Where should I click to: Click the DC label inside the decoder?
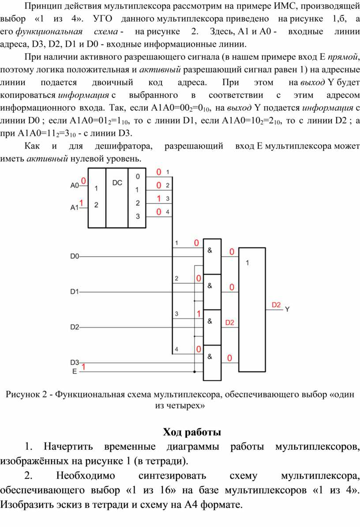(x=117, y=183)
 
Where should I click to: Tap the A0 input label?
(x=74, y=185)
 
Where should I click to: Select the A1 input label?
(x=74, y=208)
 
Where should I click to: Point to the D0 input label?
(x=75, y=256)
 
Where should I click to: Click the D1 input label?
(x=75, y=292)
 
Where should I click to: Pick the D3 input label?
(x=75, y=363)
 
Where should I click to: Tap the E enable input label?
(x=75, y=371)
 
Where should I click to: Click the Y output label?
(x=287, y=310)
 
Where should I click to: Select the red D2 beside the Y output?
(x=276, y=305)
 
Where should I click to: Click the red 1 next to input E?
(x=83, y=366)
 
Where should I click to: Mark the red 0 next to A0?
(x=83, y=181)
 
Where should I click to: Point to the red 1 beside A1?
(x=81, y=203)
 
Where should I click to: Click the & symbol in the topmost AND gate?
(x=210, y=250)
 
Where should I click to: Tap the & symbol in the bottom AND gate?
(x=210, y=357)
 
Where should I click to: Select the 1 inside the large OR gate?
(x=247, y=263)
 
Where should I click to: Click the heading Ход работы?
(x=192, y=432)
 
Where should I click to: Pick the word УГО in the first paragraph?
(x=103, y=19)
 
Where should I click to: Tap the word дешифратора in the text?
(x=124, y=146)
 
